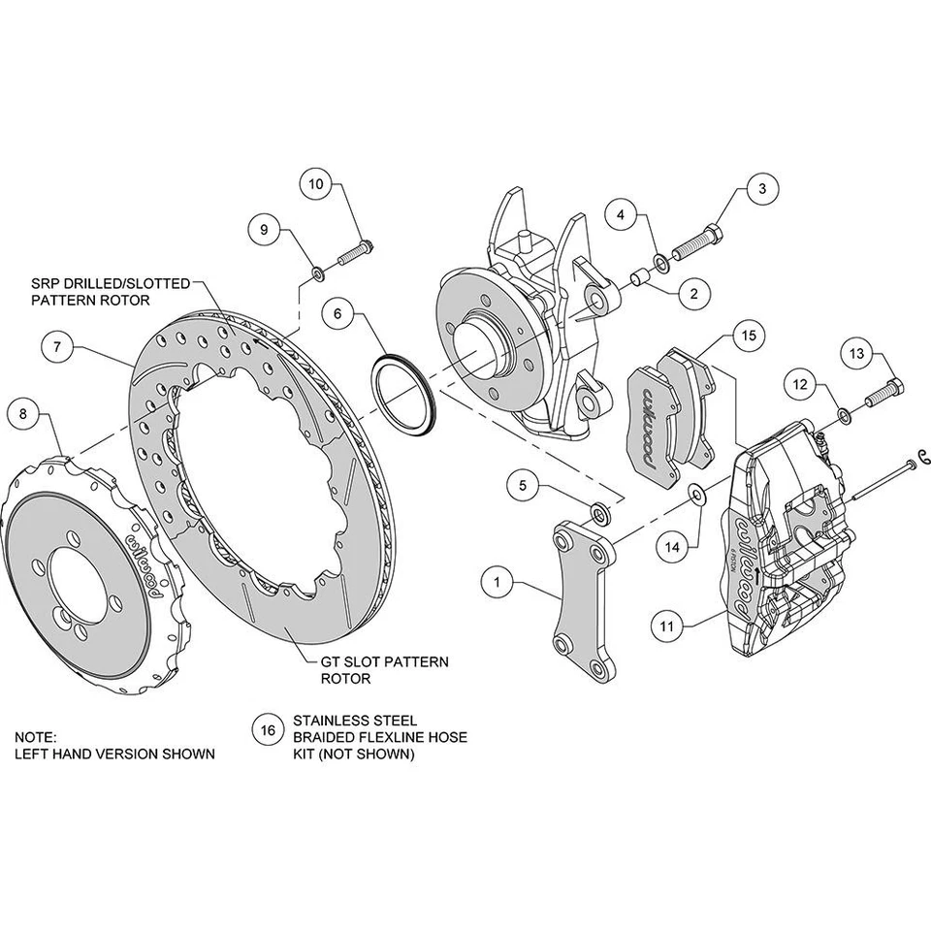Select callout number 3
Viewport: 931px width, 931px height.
(x=761, y=187)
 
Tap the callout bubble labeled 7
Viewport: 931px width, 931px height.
(x=57, y=346)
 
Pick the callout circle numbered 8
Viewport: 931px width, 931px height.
(x=23, y=415)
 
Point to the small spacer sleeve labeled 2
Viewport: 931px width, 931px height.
(x=640, y=279)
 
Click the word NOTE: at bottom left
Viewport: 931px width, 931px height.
(x=37, y=736)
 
